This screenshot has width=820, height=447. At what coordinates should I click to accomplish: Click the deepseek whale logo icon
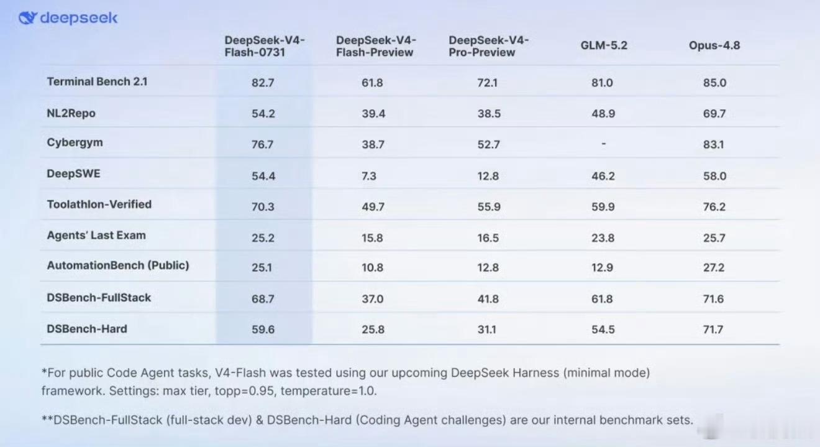point(28,17)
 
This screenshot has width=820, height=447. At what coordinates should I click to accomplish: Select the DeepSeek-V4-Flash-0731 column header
point(264,46)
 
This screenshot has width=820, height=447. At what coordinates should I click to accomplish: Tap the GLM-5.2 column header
point(604,45)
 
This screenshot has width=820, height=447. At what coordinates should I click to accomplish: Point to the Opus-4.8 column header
point(714,45)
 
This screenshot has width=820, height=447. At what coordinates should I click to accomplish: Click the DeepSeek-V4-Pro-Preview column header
point(488,46)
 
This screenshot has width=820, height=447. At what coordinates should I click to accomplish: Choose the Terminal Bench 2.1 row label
point(97,81)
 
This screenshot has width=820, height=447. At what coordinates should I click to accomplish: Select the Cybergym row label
point(75,142)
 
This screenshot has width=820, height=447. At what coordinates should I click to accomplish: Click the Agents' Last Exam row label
point(96,235)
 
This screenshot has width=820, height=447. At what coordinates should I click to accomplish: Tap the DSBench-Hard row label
point(87,329)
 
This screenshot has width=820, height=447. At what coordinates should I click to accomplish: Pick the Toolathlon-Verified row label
point(99,204)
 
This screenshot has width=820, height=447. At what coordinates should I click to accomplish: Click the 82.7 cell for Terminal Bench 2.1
point(263,83)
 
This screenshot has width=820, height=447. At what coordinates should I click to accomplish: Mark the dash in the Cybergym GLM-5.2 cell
point(604,144)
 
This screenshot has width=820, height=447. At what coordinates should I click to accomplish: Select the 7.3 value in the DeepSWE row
point(369,176)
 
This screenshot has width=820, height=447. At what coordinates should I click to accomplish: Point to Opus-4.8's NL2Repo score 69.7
point(714,114)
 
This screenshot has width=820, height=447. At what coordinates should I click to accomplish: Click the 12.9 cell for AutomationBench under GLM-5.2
point(602,267)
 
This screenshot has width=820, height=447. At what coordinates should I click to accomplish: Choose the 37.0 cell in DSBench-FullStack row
point(373,299)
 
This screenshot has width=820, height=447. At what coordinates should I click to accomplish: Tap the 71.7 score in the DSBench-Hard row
point(713,329)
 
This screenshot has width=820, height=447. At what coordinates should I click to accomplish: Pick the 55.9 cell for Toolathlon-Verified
point(489,207)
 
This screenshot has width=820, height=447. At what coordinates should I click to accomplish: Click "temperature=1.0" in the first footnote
point(329,391)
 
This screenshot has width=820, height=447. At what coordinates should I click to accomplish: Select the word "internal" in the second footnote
point(574,420)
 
